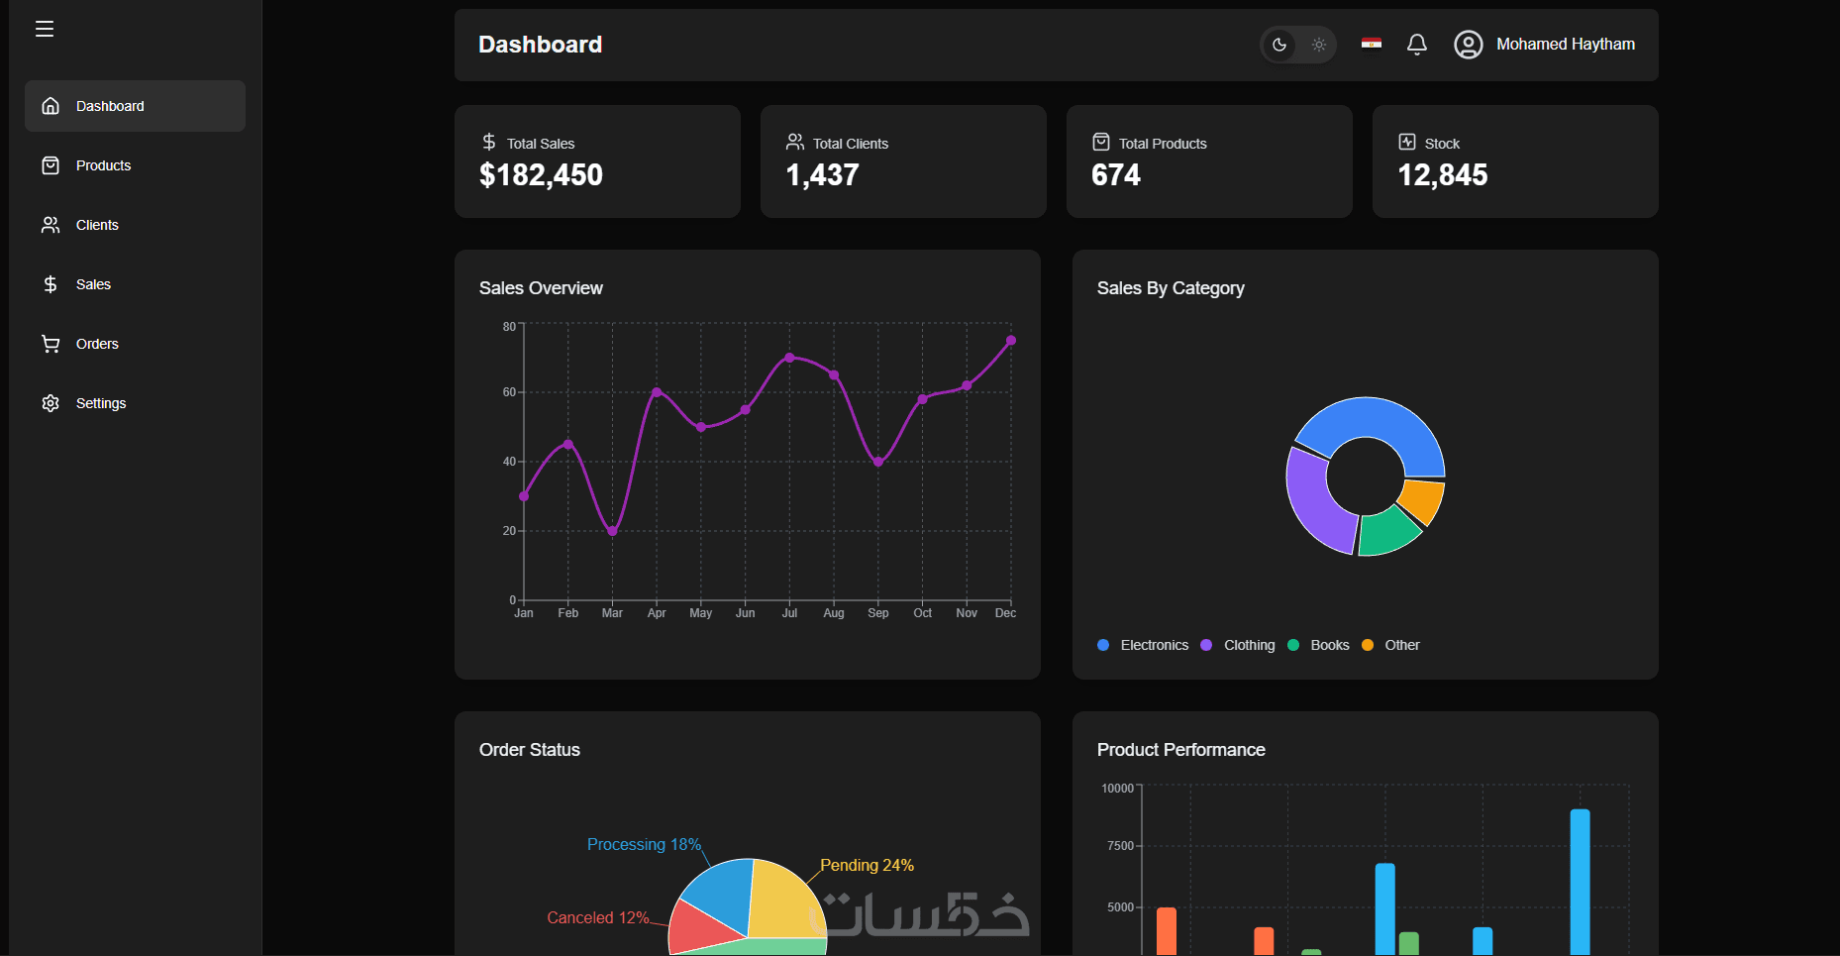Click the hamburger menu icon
click(45, 29)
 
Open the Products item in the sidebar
click(103, 165)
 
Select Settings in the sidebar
click(100, 403)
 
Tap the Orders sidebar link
click(97, 344)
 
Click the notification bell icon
click(1417, 45)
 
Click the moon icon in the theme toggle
click(1279, 45)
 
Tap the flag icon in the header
click(1372, 43)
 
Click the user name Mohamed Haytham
click(1565, 45)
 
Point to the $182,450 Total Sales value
click(541, 175)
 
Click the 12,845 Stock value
click(1442, 175)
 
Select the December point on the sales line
click(1011, 341)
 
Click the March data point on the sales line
click(612, 531)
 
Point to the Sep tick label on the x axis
click(878, 613)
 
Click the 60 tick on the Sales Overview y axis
click(509, 392)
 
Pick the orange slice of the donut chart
click(1423, 499)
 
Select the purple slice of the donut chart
click(1316, 499)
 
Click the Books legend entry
click(1329, 645)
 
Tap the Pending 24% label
click(867, 865)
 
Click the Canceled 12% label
click(597, 917)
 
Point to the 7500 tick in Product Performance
click(1120, 846)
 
